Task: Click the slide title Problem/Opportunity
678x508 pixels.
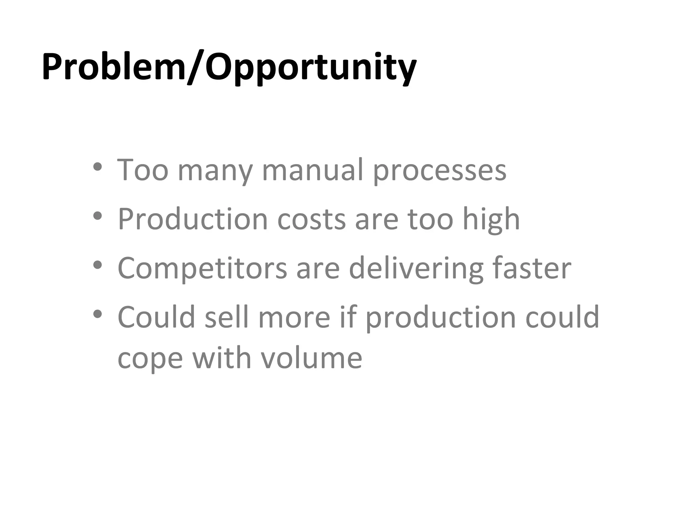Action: [229, 68]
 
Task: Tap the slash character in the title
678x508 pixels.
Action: [195, 68]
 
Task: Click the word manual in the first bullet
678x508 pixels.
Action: [313, 170]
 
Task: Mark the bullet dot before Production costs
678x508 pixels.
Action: [97, 216]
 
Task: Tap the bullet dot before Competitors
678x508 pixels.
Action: [97, 265]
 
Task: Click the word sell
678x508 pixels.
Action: [226, 317]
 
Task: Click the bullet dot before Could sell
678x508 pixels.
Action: [97, 314]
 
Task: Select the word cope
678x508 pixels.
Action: [150, 360]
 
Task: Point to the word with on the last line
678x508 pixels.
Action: [222, 358]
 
